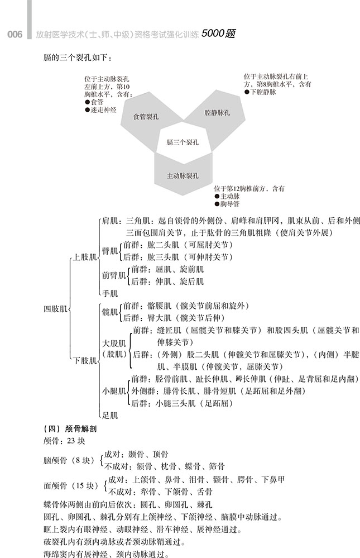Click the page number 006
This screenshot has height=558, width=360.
pyautogui.click(x=14, y=35)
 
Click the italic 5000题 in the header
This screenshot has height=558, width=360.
pyautogui.click(x=218, y=34)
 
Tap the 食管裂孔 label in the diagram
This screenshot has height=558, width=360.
pyautogui.click(x=146, y=117)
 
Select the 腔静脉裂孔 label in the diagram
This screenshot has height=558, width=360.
pyautogui.click(x=217, y=112)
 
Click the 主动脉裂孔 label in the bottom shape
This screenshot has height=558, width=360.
pyautogui.click(x=183, y=175)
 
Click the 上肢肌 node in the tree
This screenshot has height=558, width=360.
pyautogui.click(x=85, y=257)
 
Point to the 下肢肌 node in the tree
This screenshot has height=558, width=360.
pyautogui.click(x=85, y=360)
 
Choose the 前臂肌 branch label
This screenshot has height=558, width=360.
pyautogui.click(x=114, y=275)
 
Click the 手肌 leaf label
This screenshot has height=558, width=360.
pyautogui.click(x=110, y=293)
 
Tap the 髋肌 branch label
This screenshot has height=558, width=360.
pyautogui.click(x=110, y=312)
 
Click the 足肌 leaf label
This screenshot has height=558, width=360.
pyautogui.click(x=110, y=415)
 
